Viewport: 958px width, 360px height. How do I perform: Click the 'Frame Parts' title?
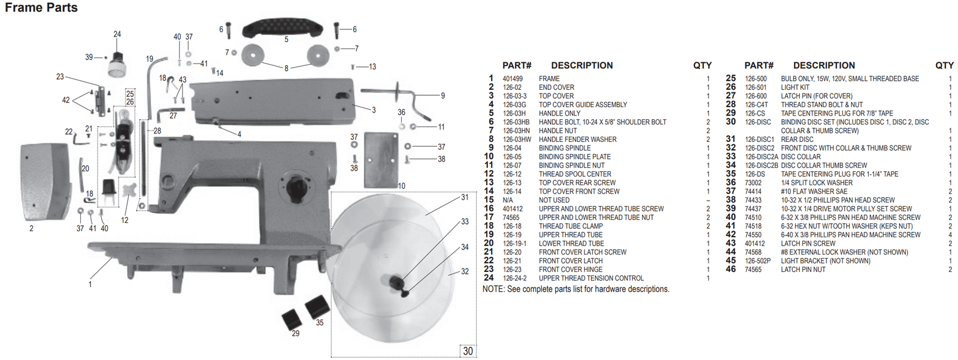(41, 8)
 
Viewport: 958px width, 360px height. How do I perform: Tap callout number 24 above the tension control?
(117, 34)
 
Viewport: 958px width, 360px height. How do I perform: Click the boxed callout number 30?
(468, 351)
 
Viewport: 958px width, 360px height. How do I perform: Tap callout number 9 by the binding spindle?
(442, 96)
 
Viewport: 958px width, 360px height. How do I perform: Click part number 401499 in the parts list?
(513, 78)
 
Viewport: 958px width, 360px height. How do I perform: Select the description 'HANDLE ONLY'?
(559, 113)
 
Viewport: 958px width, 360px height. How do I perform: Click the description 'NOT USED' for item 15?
(554, 200)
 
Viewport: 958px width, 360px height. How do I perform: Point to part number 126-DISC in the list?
(757, 122)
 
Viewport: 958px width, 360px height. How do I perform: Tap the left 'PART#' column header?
(517, 65)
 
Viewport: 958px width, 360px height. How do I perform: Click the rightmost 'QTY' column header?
(944, 65)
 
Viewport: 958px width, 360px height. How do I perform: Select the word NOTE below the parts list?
(493, 289)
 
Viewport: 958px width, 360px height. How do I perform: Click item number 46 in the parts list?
(730, 270)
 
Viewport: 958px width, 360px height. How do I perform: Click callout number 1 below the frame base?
(90, 284)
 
